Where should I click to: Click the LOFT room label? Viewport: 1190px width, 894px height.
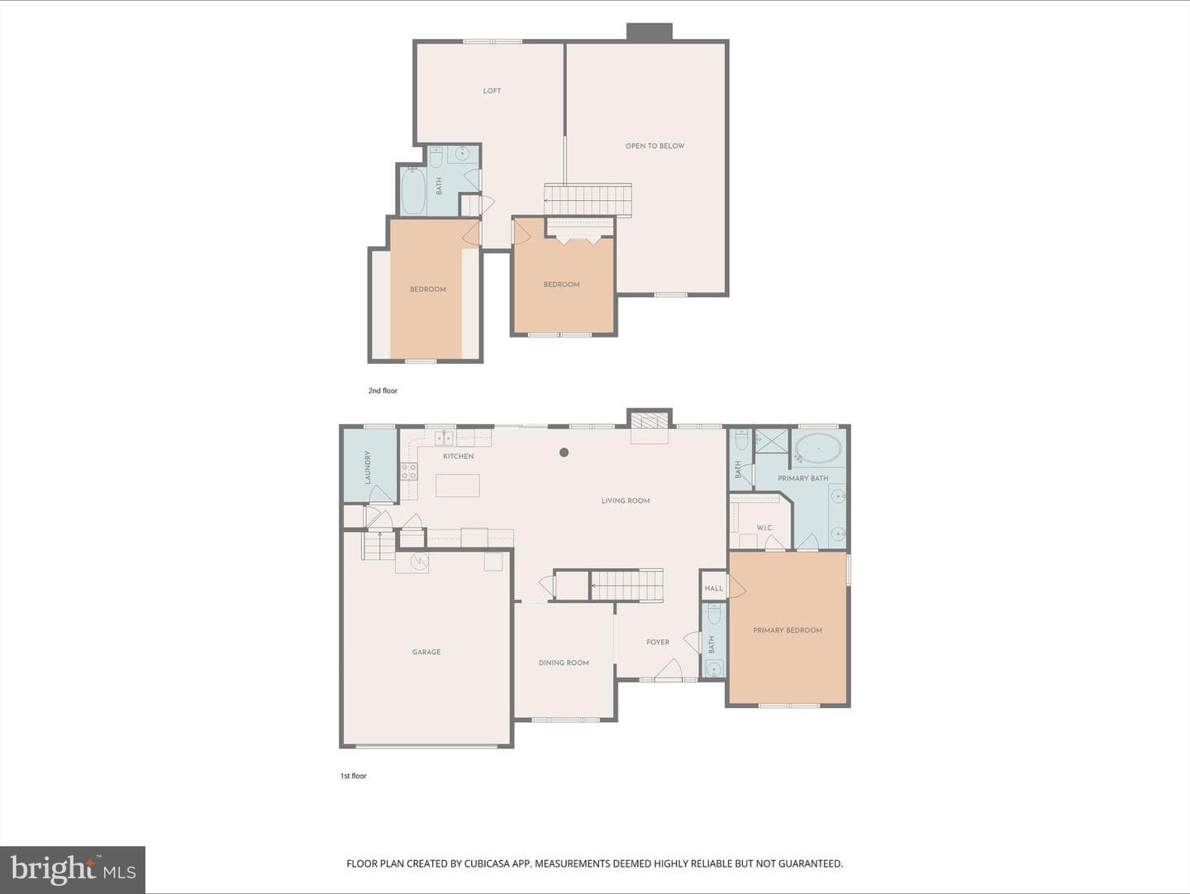[492, 91]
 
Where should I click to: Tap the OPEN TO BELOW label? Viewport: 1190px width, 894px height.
[654, 146]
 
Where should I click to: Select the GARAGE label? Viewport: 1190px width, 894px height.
[426, 652]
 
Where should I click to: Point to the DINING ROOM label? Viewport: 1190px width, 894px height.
[564, 663]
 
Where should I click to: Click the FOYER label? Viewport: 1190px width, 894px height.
[658, 643]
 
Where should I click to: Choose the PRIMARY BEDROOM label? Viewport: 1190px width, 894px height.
[788, 630]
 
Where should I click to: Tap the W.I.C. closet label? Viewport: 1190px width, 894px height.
[765, 528]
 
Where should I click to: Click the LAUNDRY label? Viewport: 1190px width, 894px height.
[368, 467]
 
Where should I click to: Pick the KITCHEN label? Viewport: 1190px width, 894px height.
[459, 457]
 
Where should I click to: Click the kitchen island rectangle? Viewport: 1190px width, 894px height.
[458, 485]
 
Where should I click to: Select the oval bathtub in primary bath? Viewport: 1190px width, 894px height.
[818, 448]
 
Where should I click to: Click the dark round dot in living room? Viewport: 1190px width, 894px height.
[564, 452]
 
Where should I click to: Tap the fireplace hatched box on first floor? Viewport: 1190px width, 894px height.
[649, 422]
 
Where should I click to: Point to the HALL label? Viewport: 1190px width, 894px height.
[713, 589]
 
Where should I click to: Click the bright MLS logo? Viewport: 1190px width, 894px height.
[73, 870]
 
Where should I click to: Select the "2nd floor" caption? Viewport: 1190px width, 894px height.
[383, 390]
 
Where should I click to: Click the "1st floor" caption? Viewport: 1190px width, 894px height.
[354, 776]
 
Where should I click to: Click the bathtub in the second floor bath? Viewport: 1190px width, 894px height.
[415, 191]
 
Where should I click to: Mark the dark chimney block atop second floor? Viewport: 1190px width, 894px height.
[650, 31]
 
